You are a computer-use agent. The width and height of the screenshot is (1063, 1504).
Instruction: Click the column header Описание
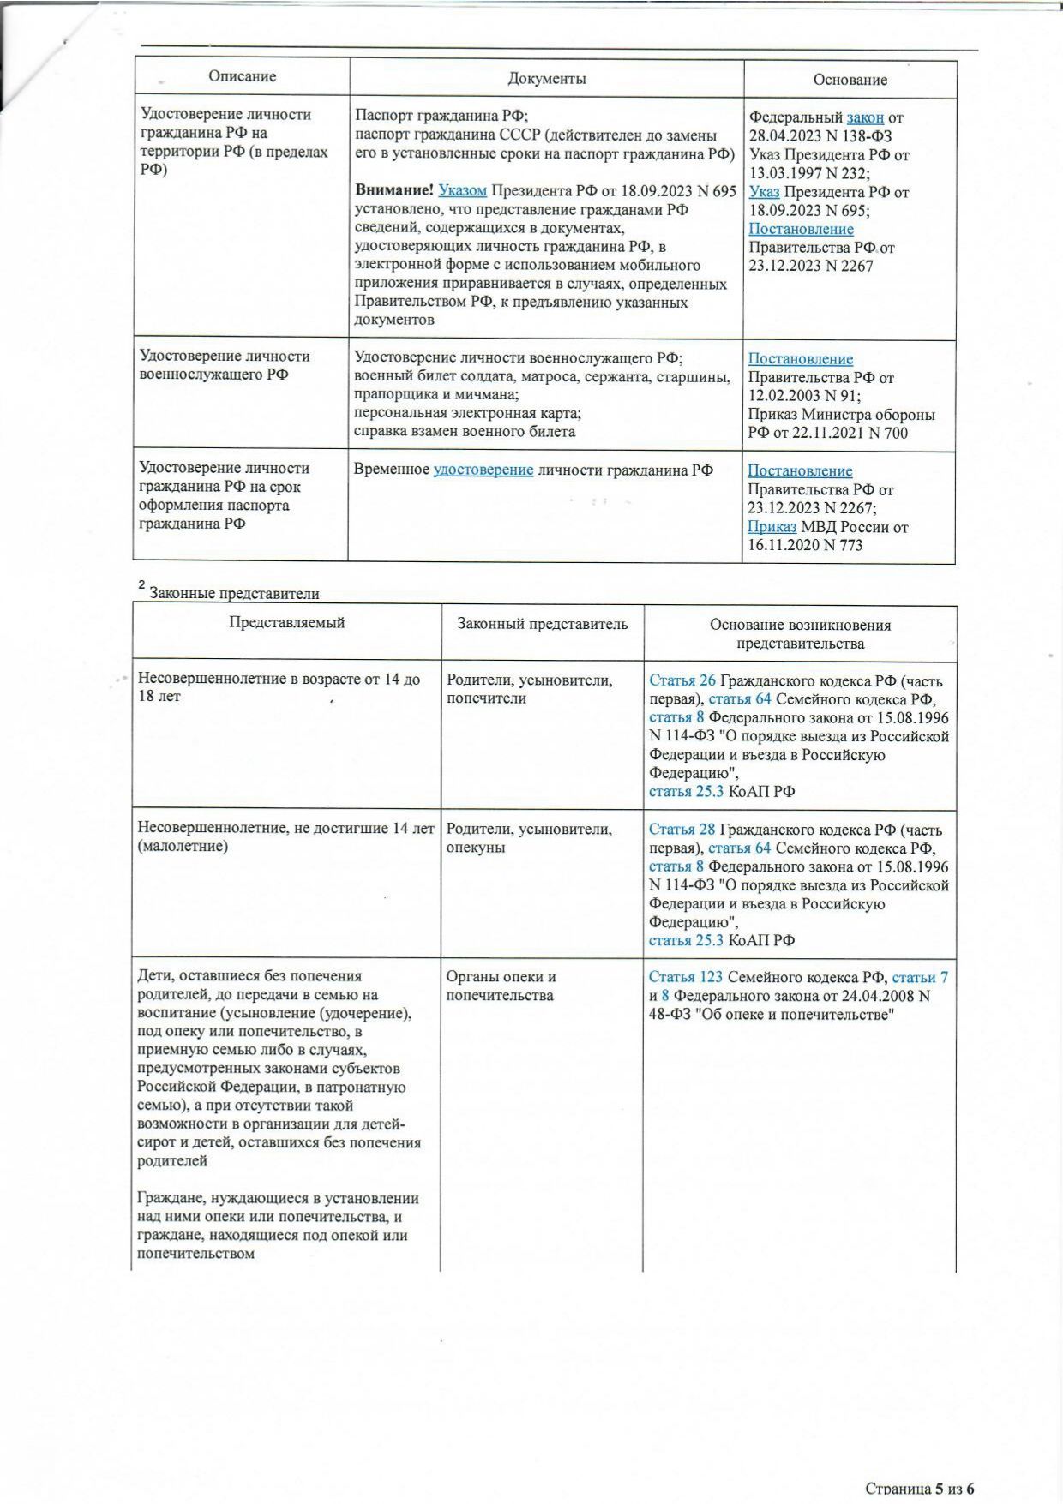pyautogui.click(x=242, y=77)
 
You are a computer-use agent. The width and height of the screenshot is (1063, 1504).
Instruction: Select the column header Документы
pyautogui.click(x=547, y=79)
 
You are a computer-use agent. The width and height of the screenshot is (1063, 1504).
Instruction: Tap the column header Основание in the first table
pyautogui.click(x=850, y=81)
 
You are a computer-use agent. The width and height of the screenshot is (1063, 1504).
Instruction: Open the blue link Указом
pyautogui.click(x=462, y=191)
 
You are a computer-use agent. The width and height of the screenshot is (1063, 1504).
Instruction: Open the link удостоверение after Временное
pyautogui.click(x=483, y=470)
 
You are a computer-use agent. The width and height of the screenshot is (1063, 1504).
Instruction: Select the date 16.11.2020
pyautogui.click(x=782, y=546)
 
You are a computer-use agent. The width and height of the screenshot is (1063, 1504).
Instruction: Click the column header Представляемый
pyautogui.click(x=286, y=623)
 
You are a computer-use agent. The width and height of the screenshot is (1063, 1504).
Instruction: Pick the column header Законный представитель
pyautogui.click(x=542, y=625)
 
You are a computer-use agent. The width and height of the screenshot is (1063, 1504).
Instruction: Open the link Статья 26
pyautogui.click(x=682, y=681)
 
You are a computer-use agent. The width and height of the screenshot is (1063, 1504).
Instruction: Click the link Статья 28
pyautogui.click(x=682, y=830)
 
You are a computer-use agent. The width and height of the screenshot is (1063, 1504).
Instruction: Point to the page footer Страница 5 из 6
pyautogui.click(x=920, y=1489)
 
